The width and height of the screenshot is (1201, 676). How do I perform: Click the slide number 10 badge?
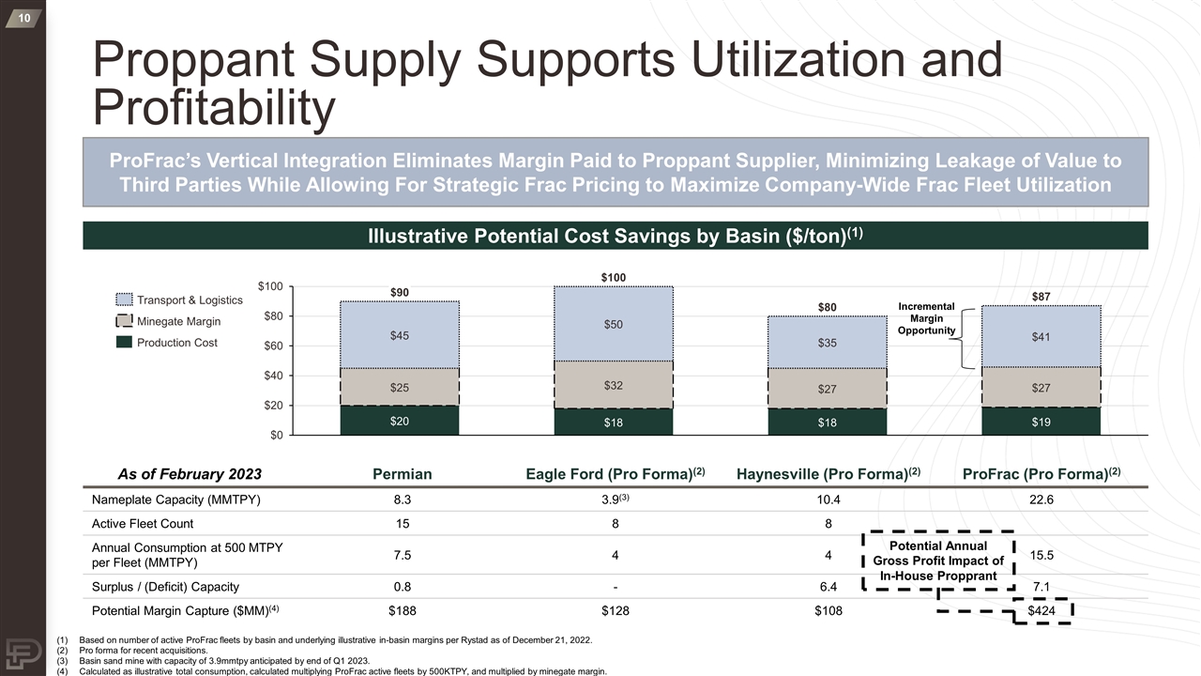[x=23, y=18]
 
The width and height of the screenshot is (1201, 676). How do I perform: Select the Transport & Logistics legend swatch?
[x=124, y=300]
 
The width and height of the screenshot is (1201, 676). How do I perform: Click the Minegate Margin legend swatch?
[x=124, y=321]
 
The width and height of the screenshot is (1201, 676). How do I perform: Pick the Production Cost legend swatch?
[x=124, y=343]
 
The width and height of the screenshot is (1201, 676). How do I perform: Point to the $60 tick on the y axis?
[x=273, y=346]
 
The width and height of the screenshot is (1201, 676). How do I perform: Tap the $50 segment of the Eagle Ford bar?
[x=614, y=324]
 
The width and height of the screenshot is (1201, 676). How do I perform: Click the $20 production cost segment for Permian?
[x=400, y=421]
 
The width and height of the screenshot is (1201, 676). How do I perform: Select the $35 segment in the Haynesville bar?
[x=828, y=343]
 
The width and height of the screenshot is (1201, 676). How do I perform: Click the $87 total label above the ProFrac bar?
[x=1041, y=296]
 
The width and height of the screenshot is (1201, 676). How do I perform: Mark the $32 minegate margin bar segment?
[x=614, y=385]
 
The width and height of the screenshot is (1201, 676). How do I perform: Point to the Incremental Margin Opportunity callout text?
[x=926, y=318]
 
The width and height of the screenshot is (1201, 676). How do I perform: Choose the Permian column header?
[x=403, y=474]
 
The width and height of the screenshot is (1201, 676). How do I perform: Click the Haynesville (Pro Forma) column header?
[x=829, y=474]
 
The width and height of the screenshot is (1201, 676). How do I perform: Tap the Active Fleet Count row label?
[x=143, y=524]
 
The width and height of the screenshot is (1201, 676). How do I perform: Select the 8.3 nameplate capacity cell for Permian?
[x=403, y=499]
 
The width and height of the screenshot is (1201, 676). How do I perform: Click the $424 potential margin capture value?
[x=1041, y=610]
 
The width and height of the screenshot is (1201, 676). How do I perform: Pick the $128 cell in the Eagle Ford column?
[x=615, y=610]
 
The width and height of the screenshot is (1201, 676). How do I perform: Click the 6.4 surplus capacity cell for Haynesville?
[x=829, y=587]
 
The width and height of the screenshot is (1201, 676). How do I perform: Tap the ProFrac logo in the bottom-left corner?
[x=23, y=653]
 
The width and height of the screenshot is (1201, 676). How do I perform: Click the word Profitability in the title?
[x=214, y=107]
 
